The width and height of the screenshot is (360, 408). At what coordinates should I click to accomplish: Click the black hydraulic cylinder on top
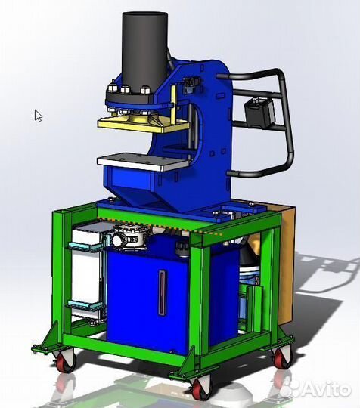pyautogui.click(x=145, y=49)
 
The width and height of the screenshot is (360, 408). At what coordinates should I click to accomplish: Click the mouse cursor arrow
pyautogui.click(x=38, y=116)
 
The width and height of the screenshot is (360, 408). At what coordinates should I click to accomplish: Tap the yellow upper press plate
pyautogui.click(x=144, y=125)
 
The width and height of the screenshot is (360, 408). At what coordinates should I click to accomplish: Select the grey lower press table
pyautogui.click(x=143, y=162)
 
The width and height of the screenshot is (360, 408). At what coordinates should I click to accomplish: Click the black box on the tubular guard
pyautogui.click(x=259, y=113)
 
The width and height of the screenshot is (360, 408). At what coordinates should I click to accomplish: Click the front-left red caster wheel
pyautogui.click(x=64, y=361)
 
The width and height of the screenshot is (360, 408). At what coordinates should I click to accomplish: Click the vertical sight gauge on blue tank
pyautogui.click(x=162, y=292)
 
